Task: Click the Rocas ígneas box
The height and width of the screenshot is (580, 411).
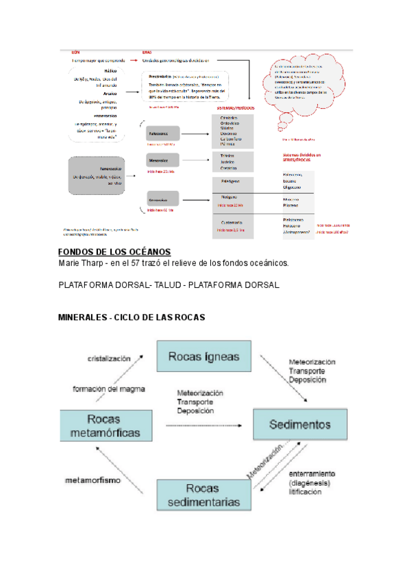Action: pyautogui.click(x=203, y=356)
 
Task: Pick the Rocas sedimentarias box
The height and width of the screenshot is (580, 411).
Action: pyautogui.click(x=204, y=495)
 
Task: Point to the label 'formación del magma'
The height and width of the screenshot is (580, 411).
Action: pyautogui.click(x=109, y=389)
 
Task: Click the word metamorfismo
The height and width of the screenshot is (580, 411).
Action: pyautogui.click(x=94, y=479)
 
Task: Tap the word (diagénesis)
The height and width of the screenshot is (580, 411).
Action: pyautogui.click(x=309, y=482)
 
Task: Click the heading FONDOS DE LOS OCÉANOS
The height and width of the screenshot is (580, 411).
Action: pyautogui.click(x=114, y=252)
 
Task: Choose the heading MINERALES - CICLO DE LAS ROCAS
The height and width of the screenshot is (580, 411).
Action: pyautogui.click(x=132, y=318)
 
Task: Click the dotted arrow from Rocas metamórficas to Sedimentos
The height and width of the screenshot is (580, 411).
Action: pyautogui.click(x=205, y=425)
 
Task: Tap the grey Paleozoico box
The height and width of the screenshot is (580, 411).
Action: pyautogui.click(x=161, y=133)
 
